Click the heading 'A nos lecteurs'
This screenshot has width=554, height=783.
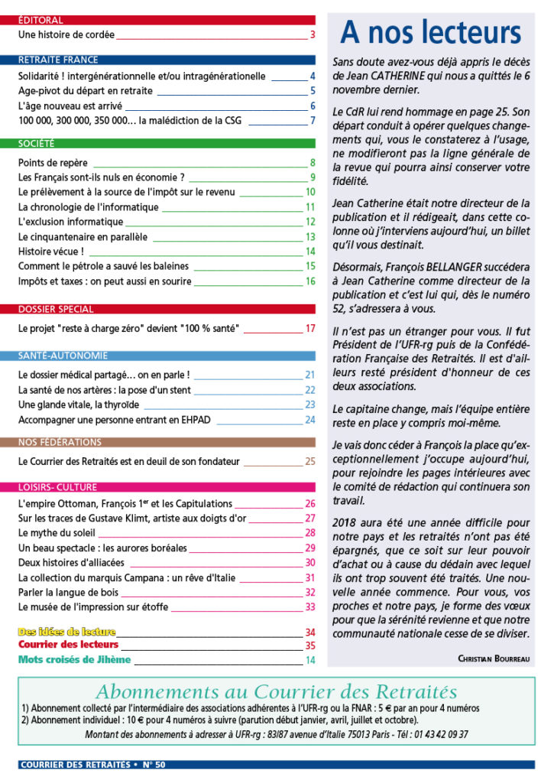coord(430,34)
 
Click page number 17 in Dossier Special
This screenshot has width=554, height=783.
coord(310,329)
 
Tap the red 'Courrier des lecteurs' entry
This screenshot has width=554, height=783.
coord(68,645)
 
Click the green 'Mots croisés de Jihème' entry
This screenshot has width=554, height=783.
coord(74,659)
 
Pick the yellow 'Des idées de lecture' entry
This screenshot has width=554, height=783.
coord(66,632)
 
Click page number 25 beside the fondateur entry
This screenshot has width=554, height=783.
coord(310,461)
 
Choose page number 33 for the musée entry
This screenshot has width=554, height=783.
coord(310,607)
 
